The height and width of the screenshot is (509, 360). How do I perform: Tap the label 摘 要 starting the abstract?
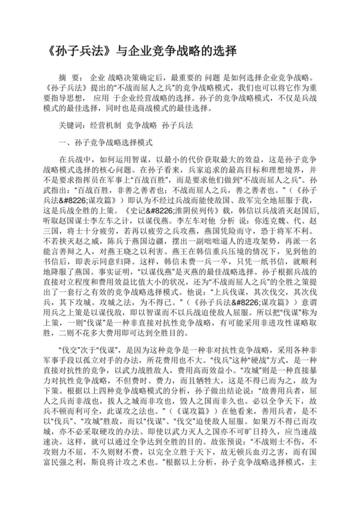67,78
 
